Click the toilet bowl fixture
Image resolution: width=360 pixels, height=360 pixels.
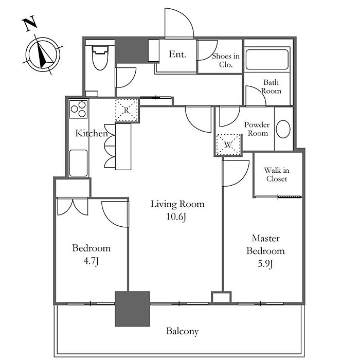pyautogui.click(x=100, y=58)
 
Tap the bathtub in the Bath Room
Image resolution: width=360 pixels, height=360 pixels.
pyautogui.click(x=267, y=60)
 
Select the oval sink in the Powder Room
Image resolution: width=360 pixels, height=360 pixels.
pyautogui.click(x=283, y=129)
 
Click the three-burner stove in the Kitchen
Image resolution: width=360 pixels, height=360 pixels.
pyautogui.click(x=78, y=109)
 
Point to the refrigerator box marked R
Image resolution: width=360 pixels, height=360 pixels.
pyautogui.click(x=127, y=110)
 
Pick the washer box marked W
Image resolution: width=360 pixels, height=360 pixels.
pyautogui.click(x=228, y=145)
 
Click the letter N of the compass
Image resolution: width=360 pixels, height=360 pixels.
pyautogui.click(x=30, y=23)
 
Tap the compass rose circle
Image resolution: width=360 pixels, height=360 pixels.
pyautogui.click(x=43, y=55)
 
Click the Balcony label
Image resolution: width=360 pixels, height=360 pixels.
pyautogui.click(x=182, y=331)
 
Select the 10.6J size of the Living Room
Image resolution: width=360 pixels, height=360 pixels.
pyautogui.click(x=176, y=217)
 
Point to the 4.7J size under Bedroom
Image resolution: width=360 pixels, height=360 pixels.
pyautogui.click(x=91, y=261)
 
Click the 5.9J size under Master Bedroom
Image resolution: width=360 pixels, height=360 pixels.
pyautogui.click(x=265, y=264)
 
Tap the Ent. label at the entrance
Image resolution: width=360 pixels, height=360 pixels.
pyautogui.click(x=177, y=54)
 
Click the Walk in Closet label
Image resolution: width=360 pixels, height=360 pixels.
pyautogui.click(x=277, y=174)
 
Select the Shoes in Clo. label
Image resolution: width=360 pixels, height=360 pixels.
pyautogui.click(x=226, y=60)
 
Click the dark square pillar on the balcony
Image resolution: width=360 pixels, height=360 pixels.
pyautogui.click(x=133, y=309)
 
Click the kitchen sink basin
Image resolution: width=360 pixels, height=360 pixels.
pyautogui.click(x=78, y=163)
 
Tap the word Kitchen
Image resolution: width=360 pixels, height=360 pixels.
pyautogui.click(x=92, y=133)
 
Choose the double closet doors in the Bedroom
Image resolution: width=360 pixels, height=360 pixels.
pyautogui.click(x=73, y=206)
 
